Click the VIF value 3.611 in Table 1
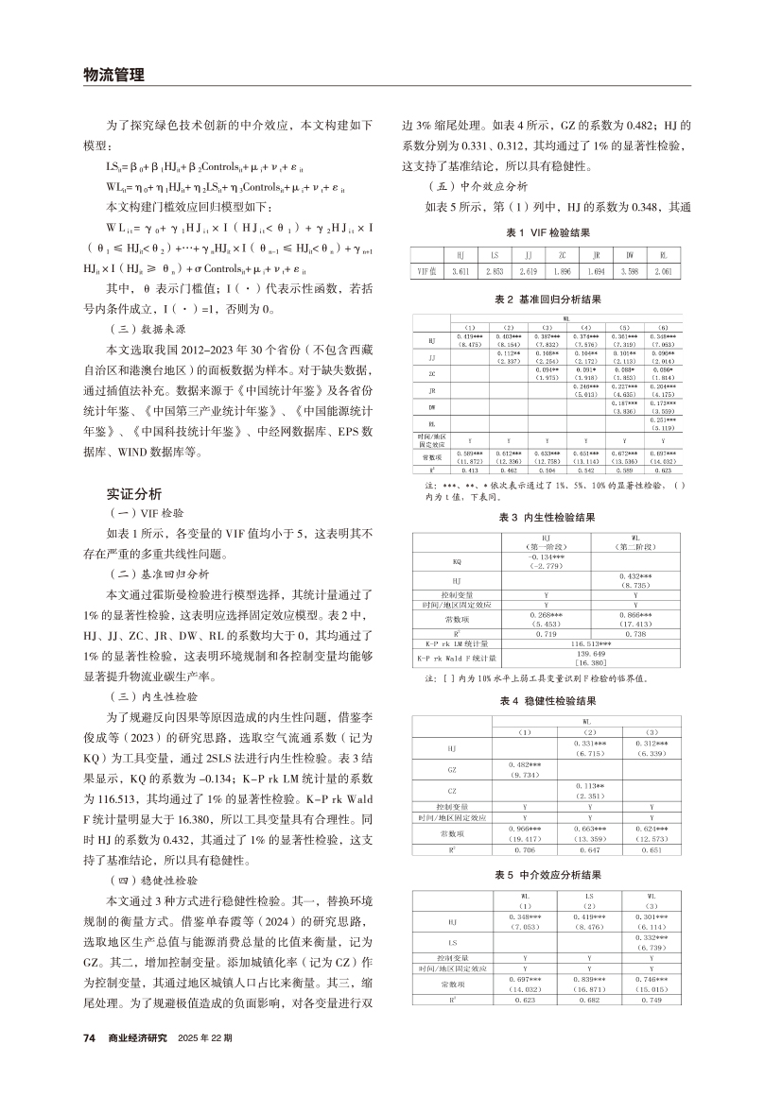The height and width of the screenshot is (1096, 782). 460,270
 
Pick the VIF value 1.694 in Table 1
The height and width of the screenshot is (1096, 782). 596,270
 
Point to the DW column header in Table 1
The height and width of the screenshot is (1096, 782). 630,255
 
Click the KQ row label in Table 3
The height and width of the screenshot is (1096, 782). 457,562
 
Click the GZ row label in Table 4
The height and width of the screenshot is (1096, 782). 457,767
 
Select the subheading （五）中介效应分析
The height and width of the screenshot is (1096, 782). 461,185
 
